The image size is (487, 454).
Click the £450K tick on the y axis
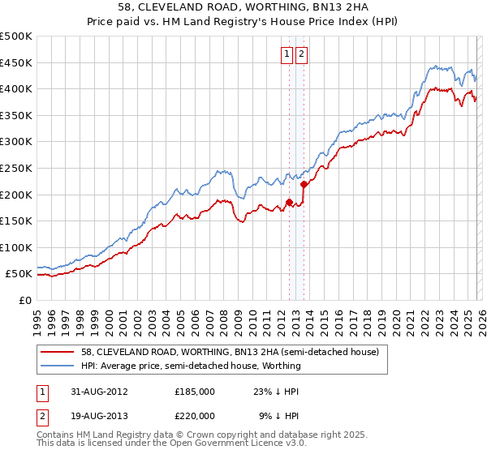click(x=16, y=62)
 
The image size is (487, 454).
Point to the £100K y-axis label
click(x=16, y=247)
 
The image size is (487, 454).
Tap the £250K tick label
click(x=16, y=168)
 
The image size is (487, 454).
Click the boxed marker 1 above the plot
click(x=287, y=54)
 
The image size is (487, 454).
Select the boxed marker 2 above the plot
click(x=301, y=54)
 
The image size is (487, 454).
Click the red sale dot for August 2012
click(x=289, y=203)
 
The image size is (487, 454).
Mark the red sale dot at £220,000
click(x=303, y=184)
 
